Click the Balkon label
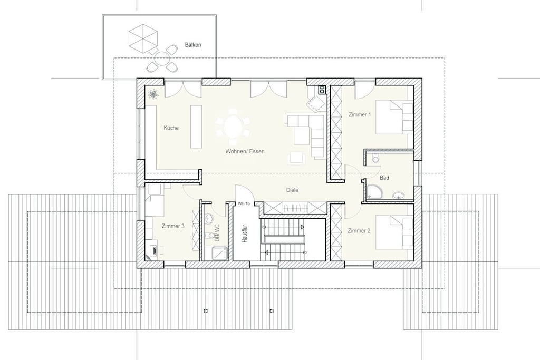(x=193, y=45)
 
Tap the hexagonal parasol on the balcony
(x=143, y=38)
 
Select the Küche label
(x=171, y=128)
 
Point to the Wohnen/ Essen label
(x=245, y=151)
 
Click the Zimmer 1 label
(x=360, y=114)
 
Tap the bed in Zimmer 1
(x=394, y=117)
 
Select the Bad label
(x=384, y=178)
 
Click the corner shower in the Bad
(x=375, y=192)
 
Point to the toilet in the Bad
(x=375, y=159)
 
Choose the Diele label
(x=292, y=190)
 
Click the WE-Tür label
(x=244, y=204)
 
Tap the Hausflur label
(x=245, y=234)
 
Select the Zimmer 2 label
(x=359, y=230)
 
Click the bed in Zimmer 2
(x=394, y=232)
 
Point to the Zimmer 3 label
(x=173, y=226)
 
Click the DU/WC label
(x=217, y=233)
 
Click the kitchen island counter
(x=197, y=127)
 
